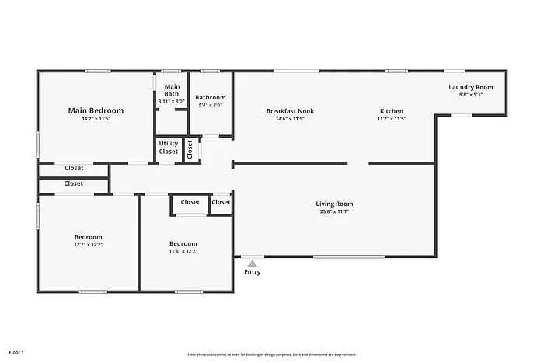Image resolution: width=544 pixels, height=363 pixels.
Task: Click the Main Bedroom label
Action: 96,110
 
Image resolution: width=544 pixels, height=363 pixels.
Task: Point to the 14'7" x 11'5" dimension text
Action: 96,120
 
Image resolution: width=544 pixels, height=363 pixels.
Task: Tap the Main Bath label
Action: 172,90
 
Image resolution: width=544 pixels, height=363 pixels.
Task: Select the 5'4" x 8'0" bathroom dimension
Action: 211,105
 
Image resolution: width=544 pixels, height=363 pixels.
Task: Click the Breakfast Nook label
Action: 290,111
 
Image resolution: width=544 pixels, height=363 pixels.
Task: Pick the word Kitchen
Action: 392,111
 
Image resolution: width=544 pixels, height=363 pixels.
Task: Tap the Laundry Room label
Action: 471,87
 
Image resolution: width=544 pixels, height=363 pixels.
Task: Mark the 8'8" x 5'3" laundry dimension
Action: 471,95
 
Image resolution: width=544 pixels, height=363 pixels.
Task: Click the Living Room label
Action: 334,204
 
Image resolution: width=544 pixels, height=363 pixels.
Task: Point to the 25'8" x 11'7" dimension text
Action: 334,211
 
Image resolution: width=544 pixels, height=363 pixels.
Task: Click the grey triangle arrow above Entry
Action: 253,264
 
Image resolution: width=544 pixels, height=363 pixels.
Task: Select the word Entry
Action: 253,272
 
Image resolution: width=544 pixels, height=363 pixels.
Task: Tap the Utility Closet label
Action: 169,147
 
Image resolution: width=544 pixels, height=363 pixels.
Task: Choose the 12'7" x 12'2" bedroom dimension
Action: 88,244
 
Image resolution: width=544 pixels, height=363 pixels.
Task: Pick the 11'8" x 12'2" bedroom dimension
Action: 183,251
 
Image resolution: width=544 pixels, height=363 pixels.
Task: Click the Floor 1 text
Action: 16,352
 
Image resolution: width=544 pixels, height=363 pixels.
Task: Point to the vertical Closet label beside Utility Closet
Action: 190,148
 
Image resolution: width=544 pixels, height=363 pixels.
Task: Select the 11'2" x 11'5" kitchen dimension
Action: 392,119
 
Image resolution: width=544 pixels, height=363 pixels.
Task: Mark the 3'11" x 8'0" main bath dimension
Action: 172,102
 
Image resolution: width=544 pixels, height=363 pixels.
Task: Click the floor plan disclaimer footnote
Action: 272,354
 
